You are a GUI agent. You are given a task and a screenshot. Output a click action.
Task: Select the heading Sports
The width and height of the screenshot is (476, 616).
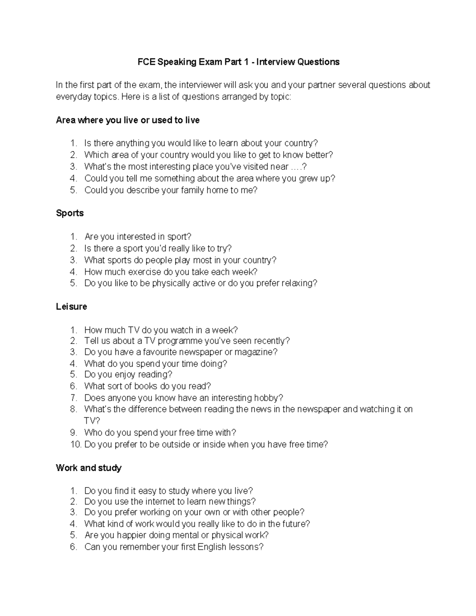(70, 213)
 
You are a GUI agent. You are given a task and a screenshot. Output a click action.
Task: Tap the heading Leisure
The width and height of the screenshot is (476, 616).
(71, 307)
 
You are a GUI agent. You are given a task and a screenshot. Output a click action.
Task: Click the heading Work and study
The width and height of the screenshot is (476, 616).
(88, 468)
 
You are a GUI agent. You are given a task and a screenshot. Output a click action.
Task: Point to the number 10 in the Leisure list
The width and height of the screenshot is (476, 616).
(75, 444)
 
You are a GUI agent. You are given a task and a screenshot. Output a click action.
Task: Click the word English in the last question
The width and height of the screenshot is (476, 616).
(212, 547)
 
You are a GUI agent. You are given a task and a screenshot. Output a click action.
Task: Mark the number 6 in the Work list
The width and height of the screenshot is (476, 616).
(73, 547)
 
